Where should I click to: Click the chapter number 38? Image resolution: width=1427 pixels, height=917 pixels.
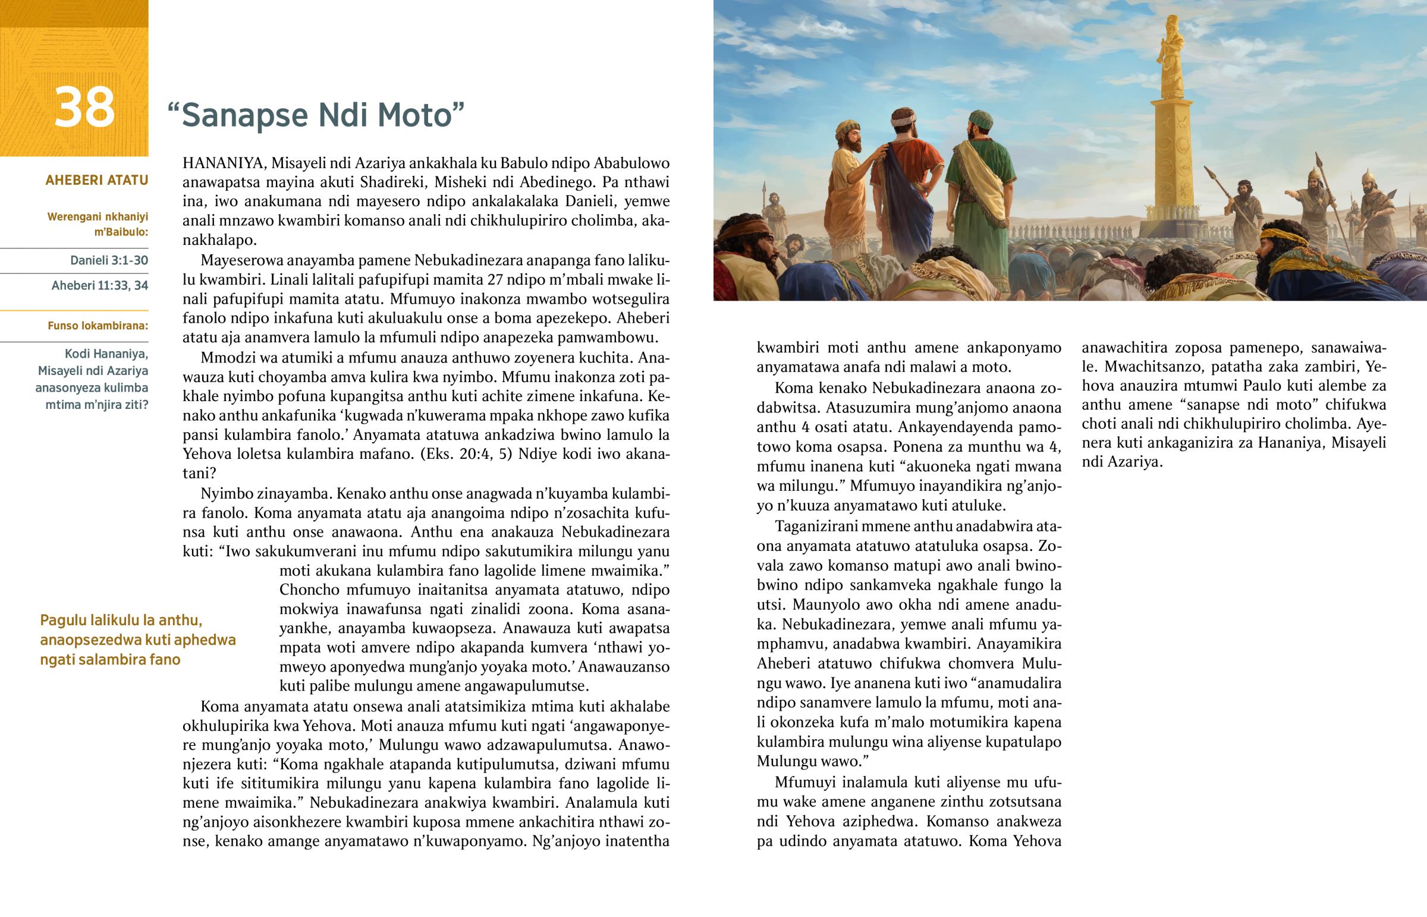point(84,108)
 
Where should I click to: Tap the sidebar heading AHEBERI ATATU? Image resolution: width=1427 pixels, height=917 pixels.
point(96,180)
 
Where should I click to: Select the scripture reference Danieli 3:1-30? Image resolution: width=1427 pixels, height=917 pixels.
point(109,260)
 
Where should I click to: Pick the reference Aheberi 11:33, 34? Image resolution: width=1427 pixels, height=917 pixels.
point(99,285)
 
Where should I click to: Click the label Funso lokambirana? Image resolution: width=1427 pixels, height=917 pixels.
point(98,326)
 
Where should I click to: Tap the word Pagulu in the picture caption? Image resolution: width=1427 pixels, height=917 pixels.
point(63,620)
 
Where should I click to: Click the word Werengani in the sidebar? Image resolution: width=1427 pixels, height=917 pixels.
point(72,217)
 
